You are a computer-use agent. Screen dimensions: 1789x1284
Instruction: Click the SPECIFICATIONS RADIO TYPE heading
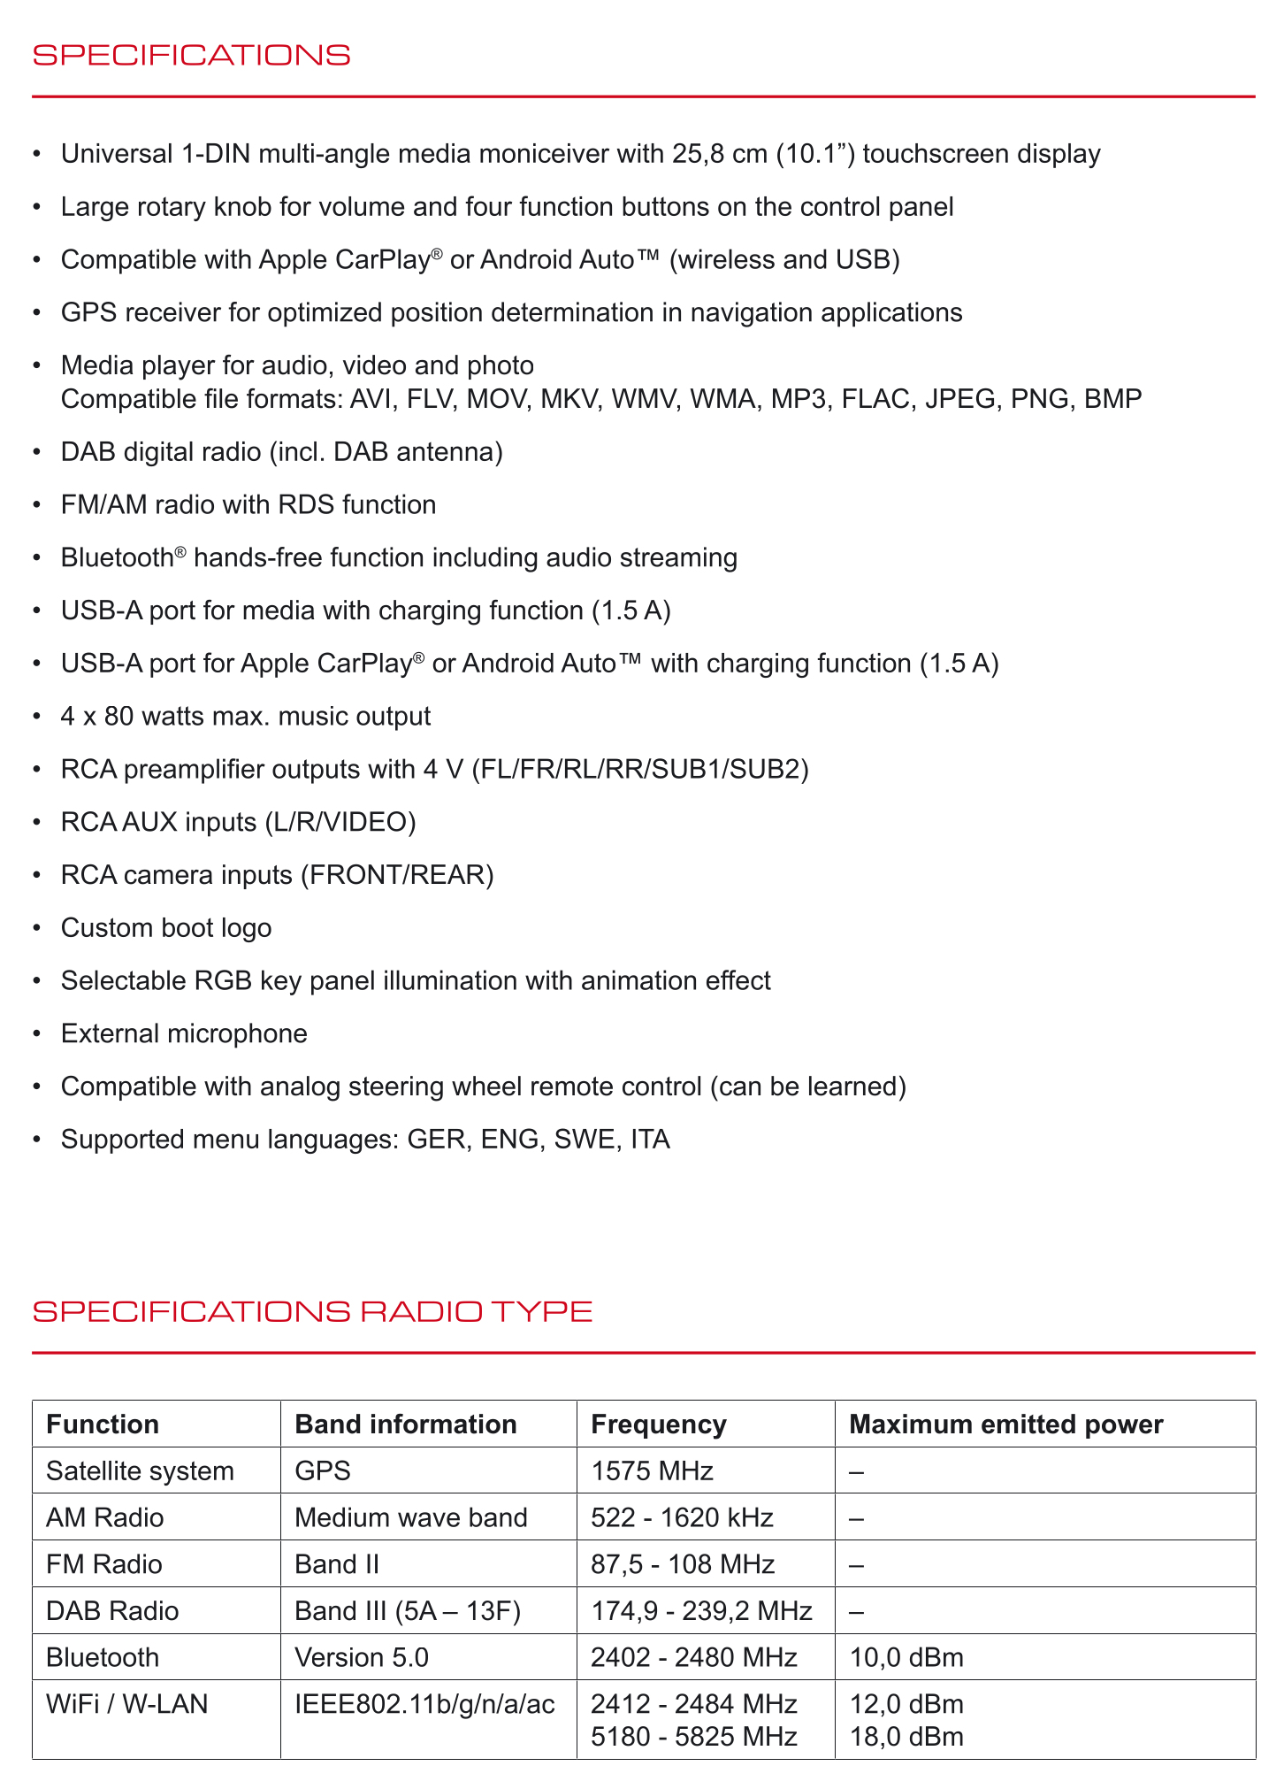click(x=312, y=1311)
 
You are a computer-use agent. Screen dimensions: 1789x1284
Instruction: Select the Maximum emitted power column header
click(x=1005, y=1424)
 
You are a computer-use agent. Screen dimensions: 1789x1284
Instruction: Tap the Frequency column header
click(x=658, y=1424)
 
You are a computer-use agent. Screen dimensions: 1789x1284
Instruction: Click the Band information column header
click(x=405, y=1424)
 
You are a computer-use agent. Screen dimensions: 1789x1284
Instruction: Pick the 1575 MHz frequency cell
click(x=652, y=1471)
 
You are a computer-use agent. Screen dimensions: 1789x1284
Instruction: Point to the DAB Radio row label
click(x=112, y=1611)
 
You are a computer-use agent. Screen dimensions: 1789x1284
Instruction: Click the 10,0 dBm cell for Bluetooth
click(x=906, y=1657)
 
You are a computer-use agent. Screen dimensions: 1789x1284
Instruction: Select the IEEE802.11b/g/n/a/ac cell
click(x=424, y=1704)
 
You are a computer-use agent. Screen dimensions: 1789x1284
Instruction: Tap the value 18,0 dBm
click(x=906, y=1737)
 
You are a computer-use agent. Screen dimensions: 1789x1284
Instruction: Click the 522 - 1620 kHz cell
click(x=682, y=1518)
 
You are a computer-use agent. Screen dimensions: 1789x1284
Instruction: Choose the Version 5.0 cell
click(x=361, y=1657)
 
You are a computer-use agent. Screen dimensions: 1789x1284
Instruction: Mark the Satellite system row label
click(x=140, y=1471)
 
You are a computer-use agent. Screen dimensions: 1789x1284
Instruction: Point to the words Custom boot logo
click(x=166, y=928)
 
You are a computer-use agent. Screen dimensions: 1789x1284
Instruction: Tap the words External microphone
click(x=184, y=1033)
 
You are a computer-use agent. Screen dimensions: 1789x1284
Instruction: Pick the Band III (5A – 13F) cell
click(x=408, y=1611)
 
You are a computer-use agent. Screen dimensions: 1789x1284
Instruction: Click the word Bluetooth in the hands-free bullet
click(x=117, y=558)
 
